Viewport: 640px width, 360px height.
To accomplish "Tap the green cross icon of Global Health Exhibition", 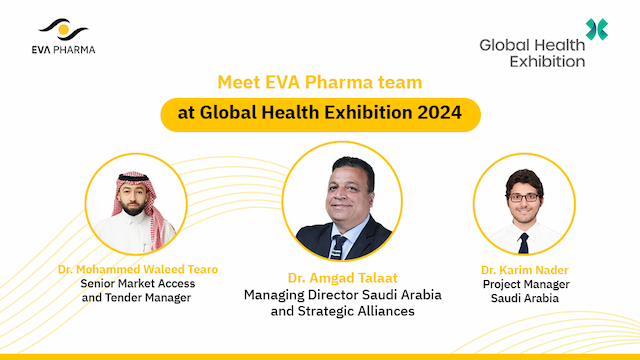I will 597,29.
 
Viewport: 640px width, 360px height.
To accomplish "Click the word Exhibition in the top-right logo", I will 533,61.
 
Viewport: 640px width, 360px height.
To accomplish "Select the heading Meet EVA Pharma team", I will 321,81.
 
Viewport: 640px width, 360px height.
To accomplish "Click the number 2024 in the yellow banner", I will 440,113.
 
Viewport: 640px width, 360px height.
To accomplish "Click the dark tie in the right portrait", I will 523,241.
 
